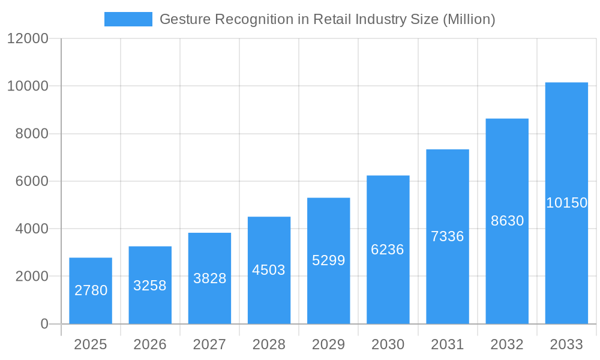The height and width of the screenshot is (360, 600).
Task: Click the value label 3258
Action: tap(150, 286)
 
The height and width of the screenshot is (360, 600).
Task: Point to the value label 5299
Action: tap(329, 260)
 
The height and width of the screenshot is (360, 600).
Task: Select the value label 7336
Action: tap(448, 236)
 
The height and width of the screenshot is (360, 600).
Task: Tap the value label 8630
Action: tap(507, 221)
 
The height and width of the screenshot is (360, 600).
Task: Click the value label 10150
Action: tap(566, 203)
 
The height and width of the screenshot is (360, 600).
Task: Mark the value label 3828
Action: tap(209, 278)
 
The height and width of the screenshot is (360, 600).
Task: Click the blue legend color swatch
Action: tap(128, 19)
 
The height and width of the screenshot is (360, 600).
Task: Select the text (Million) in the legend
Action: tap(469, 19)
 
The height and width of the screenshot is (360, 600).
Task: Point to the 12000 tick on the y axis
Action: tap(28, 38)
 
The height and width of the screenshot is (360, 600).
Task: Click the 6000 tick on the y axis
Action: tap(31, 181)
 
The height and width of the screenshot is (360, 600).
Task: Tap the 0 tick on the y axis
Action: tap(44, 324)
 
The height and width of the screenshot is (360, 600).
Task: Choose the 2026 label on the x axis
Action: tap(150, 344)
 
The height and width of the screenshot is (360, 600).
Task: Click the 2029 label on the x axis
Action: tap(329, 344)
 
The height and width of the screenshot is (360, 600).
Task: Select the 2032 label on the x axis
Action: tap(507, 344)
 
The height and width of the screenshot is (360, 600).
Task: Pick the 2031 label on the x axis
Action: tap(448, 344)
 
